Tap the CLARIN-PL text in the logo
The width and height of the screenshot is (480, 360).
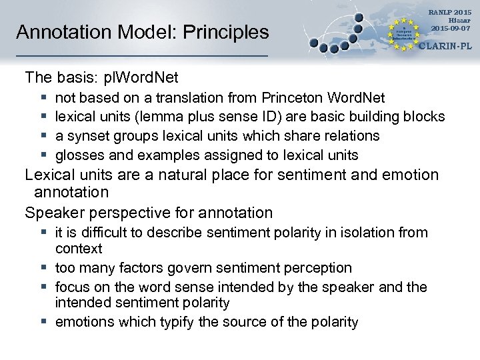(445, 47)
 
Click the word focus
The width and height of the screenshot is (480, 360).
(73, 287)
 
